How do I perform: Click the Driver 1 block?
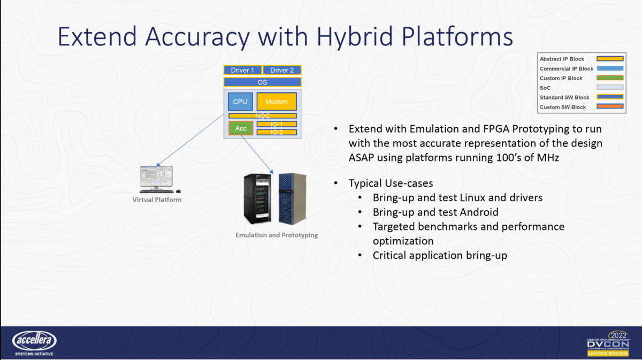coord(242,70)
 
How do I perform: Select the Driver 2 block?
coord(282,70)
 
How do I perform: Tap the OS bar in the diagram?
coord(262,82)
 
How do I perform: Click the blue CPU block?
coord(240,102)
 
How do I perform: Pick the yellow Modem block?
coord(277,102)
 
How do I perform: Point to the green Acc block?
coord(241,128)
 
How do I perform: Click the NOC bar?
coord(262,116)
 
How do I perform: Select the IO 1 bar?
coord(277,124)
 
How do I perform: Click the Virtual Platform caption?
coord(157,200)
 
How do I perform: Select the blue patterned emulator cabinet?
coord(293,198)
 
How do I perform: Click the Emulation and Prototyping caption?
coord(277,235)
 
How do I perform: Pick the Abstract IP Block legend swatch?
coord(610,59)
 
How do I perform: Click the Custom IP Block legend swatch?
coord(610,78)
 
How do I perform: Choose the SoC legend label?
coord(545,88)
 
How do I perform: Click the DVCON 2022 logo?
coord(609,343)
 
